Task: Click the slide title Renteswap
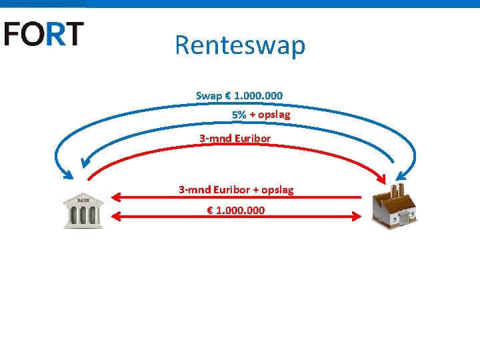[240, 45]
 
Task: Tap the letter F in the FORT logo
[14, 33]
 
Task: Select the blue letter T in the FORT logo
[74, 33]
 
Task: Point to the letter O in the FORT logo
[34, 33]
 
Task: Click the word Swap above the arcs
[209, 96]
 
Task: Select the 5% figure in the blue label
[239, 115]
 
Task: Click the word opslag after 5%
[275, 115]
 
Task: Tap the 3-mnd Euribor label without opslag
[235, 139]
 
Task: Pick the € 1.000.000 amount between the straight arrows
[236, 210]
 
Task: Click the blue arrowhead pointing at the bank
[68, 175]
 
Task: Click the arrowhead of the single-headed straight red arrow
[115, 197]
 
